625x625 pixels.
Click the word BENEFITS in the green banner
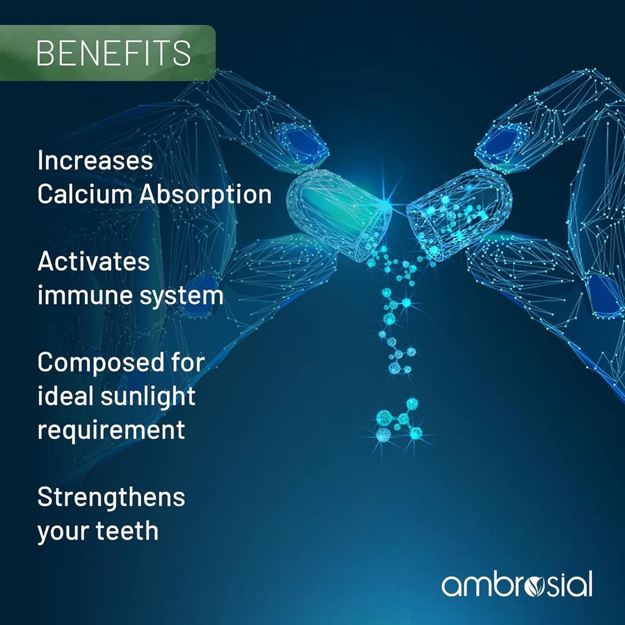click(114, 52)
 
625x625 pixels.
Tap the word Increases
click(95, 161)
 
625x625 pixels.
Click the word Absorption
click(205, 195)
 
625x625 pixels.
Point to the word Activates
click(93, 261)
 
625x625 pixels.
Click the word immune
click(78, 295)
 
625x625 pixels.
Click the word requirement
click(111, 430)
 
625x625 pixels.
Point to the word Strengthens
click(111, 498)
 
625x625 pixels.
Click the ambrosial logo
click(517, 584)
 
